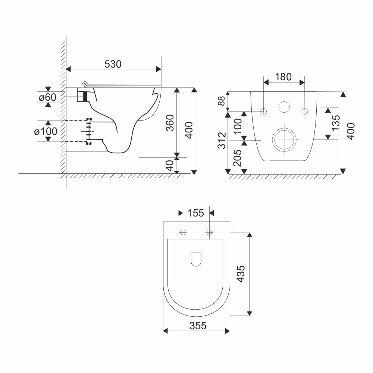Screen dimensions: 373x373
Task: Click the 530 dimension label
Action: [113, 64]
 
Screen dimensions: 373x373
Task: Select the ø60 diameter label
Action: [47, 97]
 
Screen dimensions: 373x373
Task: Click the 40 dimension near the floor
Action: [170, 165]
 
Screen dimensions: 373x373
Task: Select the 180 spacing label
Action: [283, 77]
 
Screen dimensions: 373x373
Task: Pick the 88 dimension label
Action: [222, 101]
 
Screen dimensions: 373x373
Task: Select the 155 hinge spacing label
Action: [196, 213]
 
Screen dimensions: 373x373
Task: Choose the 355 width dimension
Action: [197, 326]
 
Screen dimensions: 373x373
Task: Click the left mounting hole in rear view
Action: [264, 111]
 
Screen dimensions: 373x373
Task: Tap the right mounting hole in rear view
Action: [305, 111]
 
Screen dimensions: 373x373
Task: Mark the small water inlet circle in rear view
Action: [284, 107]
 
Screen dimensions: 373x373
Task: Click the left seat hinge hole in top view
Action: [183, 233]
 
